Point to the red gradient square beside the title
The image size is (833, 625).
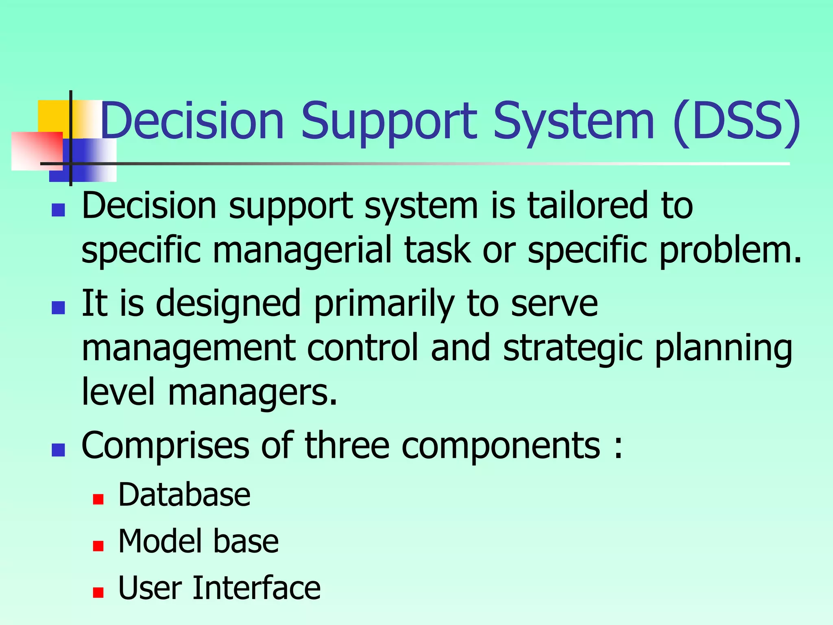pyautogui.click(x=37, y=151)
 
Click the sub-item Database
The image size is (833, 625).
pyautogui.click(x=184, y=495)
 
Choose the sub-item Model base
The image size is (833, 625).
pyautogui.click(x=198, y=542)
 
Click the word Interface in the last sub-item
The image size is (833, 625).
pyautogui.click(x=256, y=588)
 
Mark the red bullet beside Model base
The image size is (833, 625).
pyautogui.click(x=98, y=546)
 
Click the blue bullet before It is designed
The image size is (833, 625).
pyautogui.click(x=59, y=308)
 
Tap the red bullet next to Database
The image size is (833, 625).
pyautogui.click(x=98, y=499)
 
